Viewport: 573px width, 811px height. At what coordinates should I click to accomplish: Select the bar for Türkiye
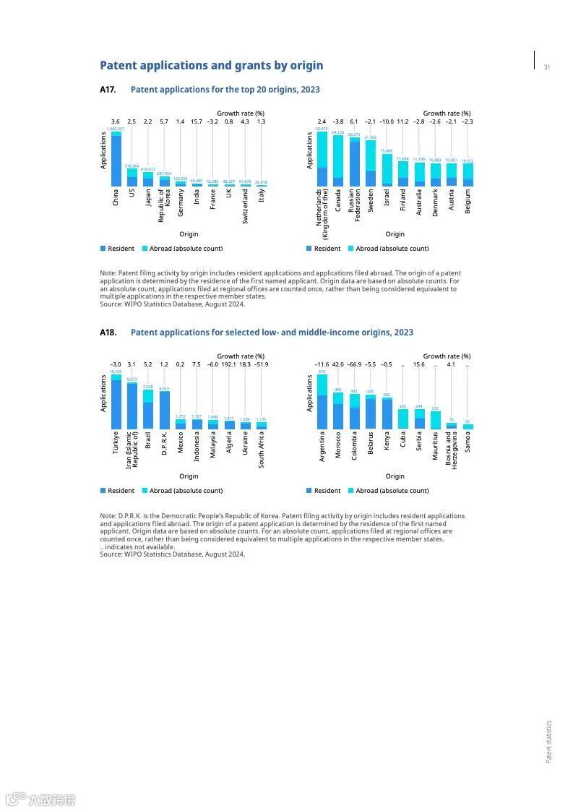click(x=116, y=402)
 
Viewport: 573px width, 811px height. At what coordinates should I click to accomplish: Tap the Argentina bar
click(x=322, y=402)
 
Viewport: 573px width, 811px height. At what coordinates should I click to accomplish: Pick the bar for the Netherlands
click(x=322, y=159)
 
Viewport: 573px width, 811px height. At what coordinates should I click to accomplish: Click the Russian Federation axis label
click(x=354, y=205)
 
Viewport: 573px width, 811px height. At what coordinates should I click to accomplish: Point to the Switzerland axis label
click(x=245, y=206)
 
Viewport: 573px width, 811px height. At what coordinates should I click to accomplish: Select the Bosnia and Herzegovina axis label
click(x=451, y=450)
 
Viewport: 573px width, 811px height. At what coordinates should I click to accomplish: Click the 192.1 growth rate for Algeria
click(x=229, y=364)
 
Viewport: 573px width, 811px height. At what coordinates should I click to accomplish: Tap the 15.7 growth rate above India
click(x=197, y=121)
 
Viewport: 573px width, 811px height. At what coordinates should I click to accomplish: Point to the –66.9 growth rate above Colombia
click(x=354, y=364)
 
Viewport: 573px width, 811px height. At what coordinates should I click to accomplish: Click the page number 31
click(x=547, y=67)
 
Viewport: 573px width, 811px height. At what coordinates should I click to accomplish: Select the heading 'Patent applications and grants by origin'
click(x=211, y=66)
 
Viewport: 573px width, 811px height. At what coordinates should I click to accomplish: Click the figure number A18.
click(x=108, y=332)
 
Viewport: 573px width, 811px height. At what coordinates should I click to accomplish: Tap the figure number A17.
click(x=108, y=90)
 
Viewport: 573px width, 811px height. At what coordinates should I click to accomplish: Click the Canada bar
click(x=337, y=161)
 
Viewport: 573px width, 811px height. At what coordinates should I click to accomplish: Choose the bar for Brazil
click(x=148, y=409)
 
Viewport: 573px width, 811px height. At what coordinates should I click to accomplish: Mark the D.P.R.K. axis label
click(x=164, y=443)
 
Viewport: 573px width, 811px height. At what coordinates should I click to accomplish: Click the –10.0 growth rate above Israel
click(x=387, y=121)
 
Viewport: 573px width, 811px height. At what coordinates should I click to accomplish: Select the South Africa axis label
click(x=262, y=450)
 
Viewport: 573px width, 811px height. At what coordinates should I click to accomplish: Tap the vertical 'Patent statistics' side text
click(x=548, y=741)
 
